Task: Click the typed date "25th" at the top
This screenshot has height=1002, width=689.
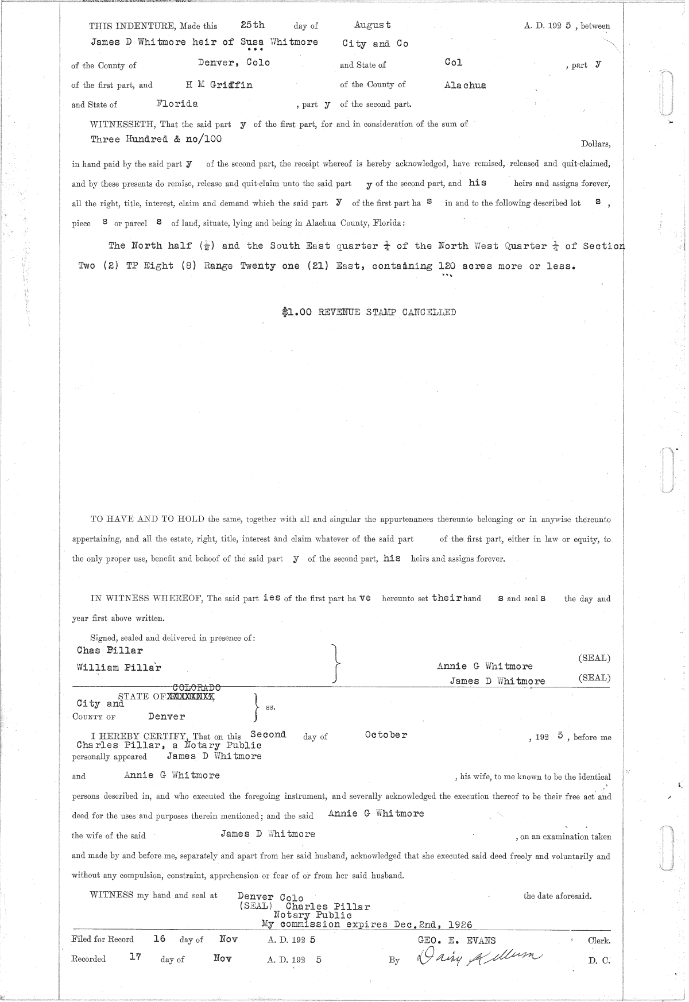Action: (253, 25)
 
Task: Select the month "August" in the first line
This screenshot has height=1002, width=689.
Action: (373, 25)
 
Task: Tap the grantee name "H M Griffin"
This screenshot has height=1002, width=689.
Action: (219, 84)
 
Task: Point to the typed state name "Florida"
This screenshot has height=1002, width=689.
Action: (177, 104)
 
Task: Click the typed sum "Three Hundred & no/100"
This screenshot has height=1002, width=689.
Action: (156, 139)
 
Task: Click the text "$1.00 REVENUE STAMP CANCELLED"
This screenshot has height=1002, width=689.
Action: (369, 312)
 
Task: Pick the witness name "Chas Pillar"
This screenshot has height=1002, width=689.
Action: (110, 651)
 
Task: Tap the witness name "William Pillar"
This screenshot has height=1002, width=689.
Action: (119, 667)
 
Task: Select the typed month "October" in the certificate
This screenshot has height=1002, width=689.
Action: (386, 735)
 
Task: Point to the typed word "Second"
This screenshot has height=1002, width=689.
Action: (268, 734)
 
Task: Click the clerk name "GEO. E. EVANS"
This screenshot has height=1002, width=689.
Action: (459, 941)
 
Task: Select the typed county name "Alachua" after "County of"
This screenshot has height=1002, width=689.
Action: (465, 85)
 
